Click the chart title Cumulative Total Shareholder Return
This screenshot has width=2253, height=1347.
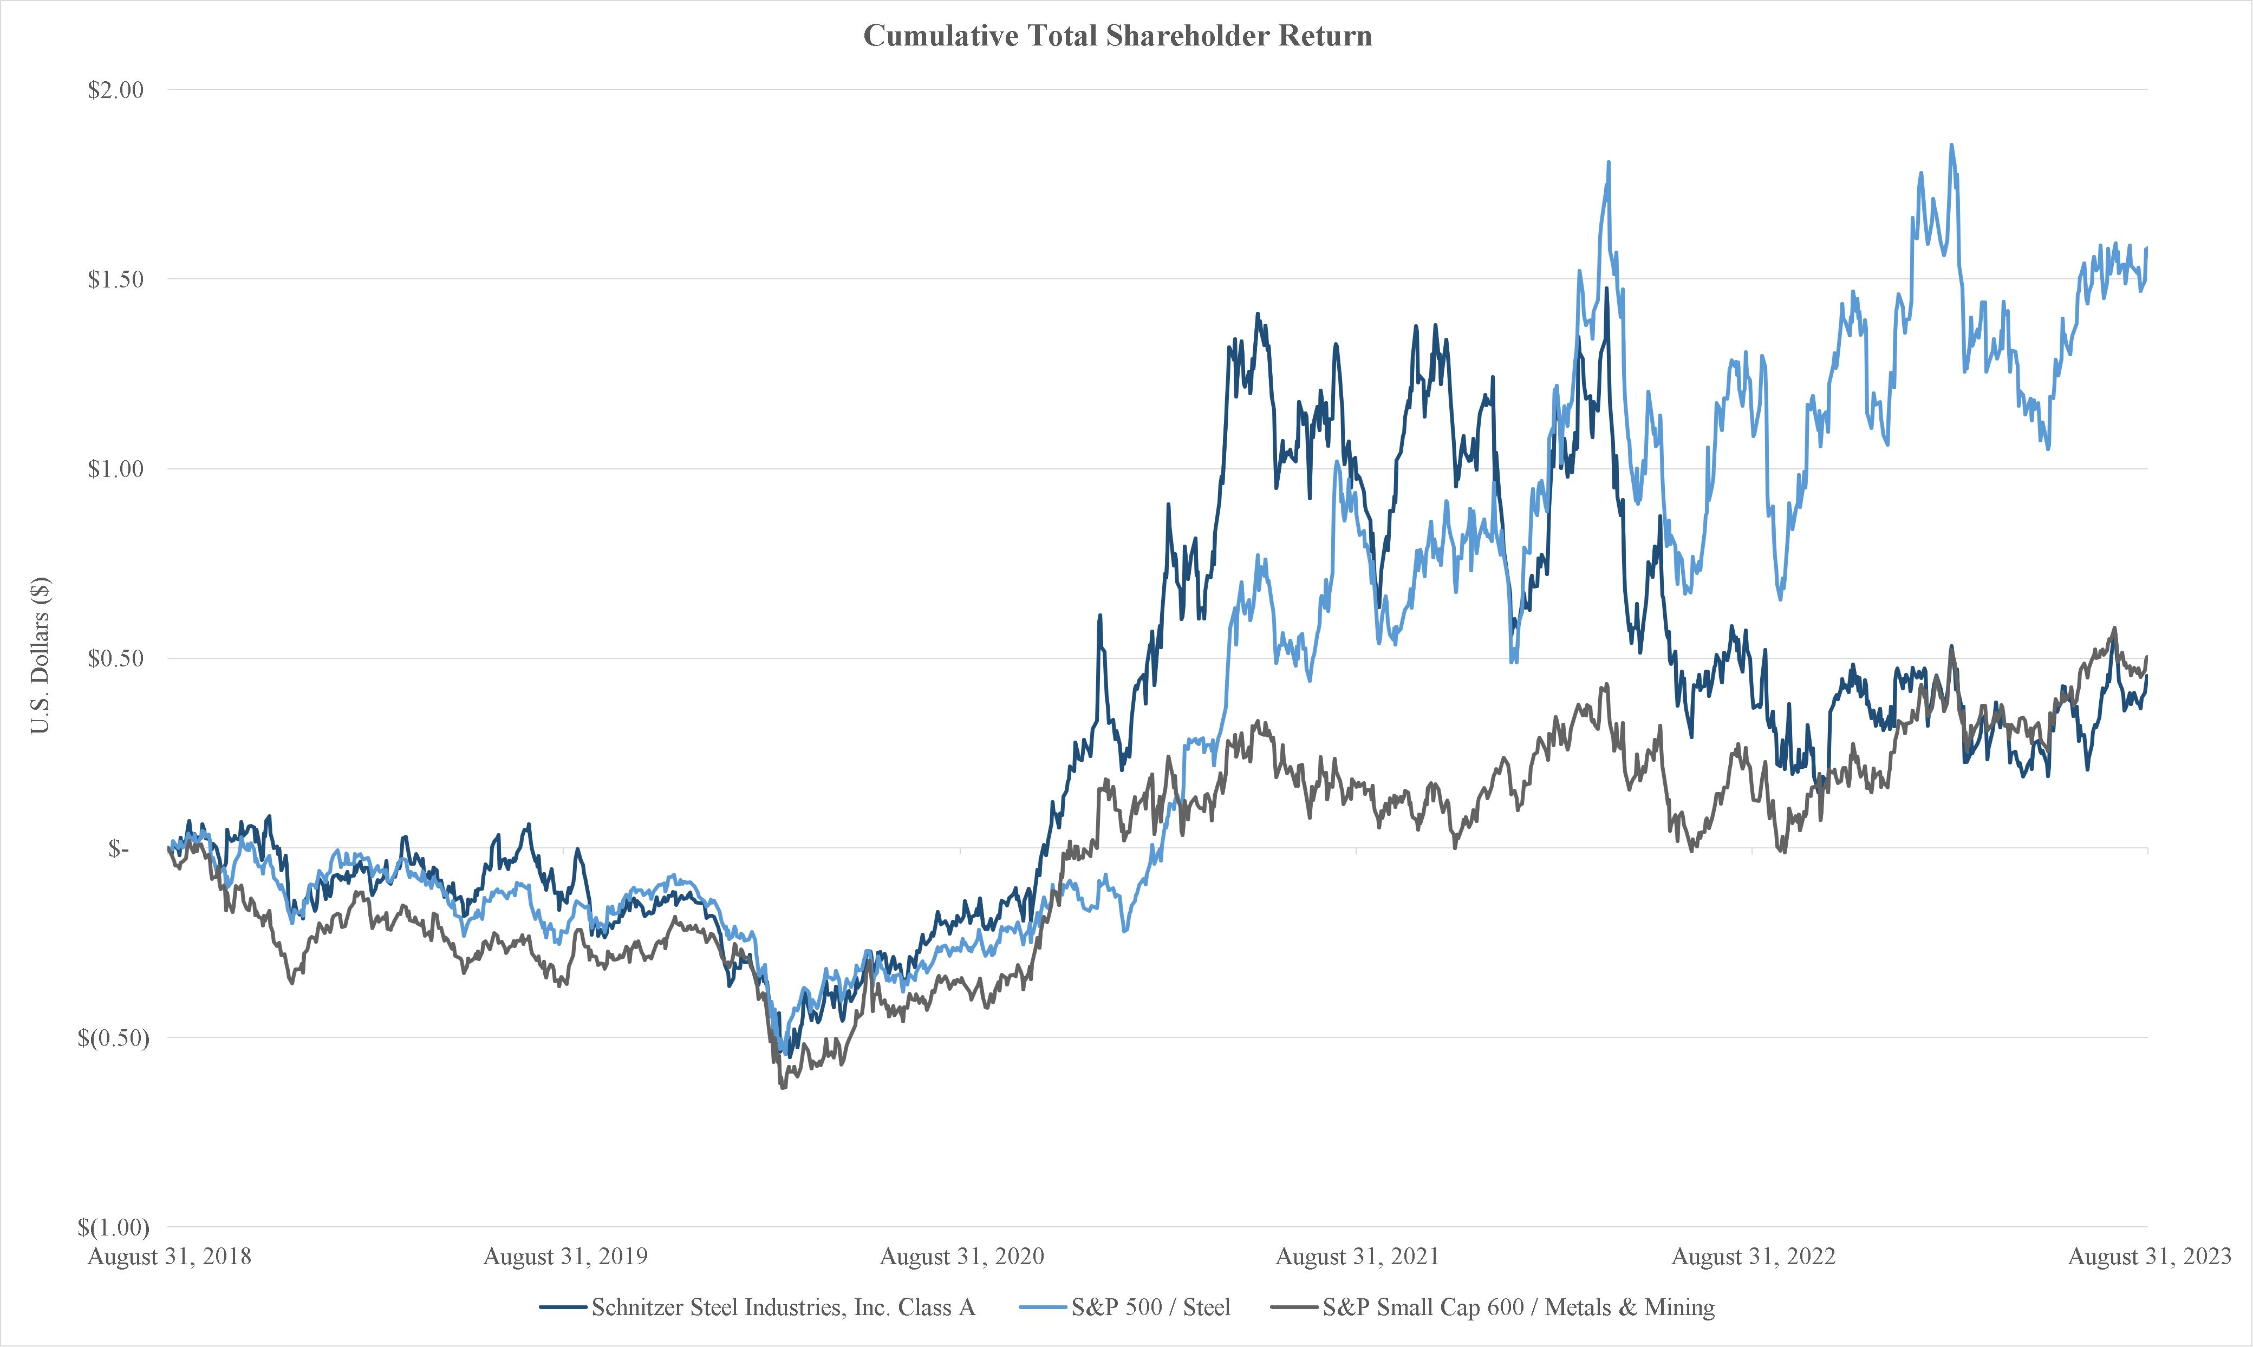(1117, 35)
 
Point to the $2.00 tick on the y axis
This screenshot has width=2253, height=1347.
(115, 90)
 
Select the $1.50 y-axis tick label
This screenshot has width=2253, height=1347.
(115, 279)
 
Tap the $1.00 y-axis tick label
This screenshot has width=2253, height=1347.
(115, 469)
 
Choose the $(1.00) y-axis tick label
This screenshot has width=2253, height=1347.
(113, 1228)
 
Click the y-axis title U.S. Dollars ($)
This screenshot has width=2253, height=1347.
(41, 655)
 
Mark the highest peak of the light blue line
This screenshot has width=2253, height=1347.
(1951, 145)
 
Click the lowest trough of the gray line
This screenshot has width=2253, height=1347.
(783, 1088)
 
